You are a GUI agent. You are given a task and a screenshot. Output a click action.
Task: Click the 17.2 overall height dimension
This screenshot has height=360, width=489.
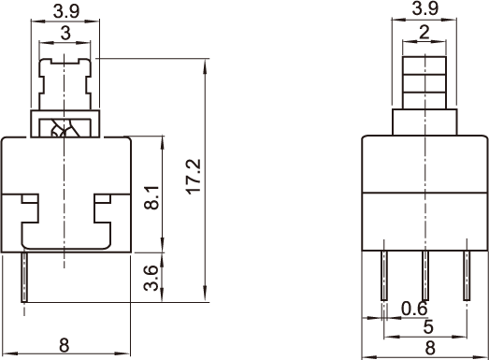click(x=194, y=177)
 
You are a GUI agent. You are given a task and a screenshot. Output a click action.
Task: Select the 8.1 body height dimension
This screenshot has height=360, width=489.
click(x=151, y=198)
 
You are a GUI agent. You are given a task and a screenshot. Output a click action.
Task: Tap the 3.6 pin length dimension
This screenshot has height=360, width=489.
click(x=151, y=278)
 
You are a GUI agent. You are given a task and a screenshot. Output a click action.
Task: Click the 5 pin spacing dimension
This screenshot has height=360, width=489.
click(x=428, y=326)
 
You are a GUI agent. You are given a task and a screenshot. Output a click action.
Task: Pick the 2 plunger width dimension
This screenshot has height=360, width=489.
click(x=424, y=32)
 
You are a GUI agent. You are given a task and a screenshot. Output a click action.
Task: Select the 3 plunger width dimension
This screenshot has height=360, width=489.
click(x=65, y=33)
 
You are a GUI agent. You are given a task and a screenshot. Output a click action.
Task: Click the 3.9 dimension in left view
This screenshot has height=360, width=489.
click(x=66, y=11)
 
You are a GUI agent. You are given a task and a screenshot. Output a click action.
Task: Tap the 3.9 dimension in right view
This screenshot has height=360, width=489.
click(x=425, y=8)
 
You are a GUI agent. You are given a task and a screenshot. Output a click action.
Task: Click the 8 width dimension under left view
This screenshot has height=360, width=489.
click(x=64, y=345)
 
